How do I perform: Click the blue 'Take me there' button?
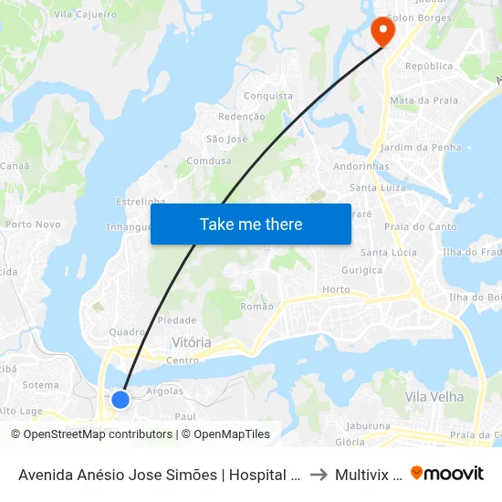pos(251,224)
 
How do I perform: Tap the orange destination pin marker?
pos(382,32)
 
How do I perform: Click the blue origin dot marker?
pos(120,399)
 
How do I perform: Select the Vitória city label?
pos(192,342)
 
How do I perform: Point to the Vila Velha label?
pos(434,397)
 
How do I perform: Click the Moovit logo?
pos(447,474)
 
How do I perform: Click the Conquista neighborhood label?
pos(268,96)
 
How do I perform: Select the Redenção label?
pos(242,117)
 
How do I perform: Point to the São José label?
pos(226,139)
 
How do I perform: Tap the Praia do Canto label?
pos(420,226)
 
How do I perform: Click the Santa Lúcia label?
pos(389,252)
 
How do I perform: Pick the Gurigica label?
pos(362,270)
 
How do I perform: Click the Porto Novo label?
pos(33,224)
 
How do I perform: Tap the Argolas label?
pos(164,391)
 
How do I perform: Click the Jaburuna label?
pos(369,425)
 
